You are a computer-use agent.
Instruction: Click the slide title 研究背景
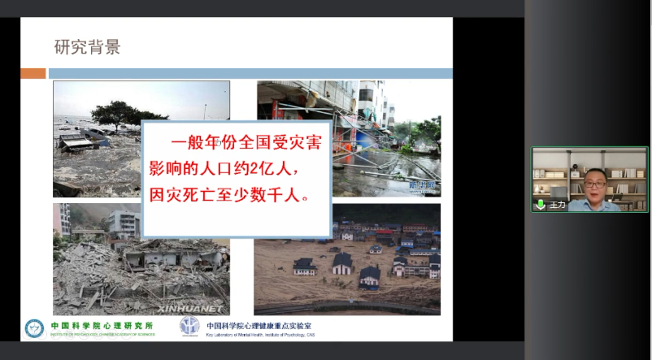(87, 46)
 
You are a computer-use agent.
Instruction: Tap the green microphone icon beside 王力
(540, 204)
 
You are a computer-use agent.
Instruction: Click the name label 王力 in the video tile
(557, 205)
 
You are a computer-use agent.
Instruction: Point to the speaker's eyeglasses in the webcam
(594, 184)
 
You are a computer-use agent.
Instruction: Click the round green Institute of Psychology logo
(34, 328)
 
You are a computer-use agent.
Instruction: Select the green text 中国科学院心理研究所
(101, 325)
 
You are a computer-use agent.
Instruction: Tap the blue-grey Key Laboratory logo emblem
(189, 327)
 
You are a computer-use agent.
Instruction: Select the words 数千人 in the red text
(274, 197)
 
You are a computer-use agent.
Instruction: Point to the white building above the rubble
(123, 220)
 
